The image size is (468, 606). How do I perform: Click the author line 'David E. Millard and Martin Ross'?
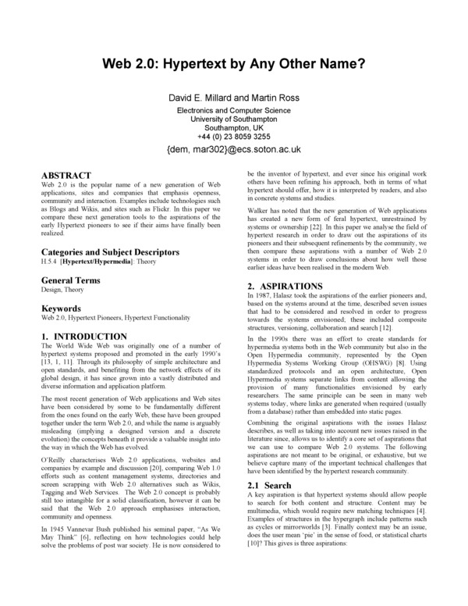[234, 98]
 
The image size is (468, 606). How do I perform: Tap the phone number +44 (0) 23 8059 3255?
[234, 136]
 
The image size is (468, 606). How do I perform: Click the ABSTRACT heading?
[66, 175]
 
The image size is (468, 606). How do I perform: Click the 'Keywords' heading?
[61, 309]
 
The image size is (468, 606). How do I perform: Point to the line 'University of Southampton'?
[234, 119]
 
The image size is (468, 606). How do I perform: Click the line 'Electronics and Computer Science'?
[234, 110]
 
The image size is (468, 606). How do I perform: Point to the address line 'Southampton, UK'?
[234, 127]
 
